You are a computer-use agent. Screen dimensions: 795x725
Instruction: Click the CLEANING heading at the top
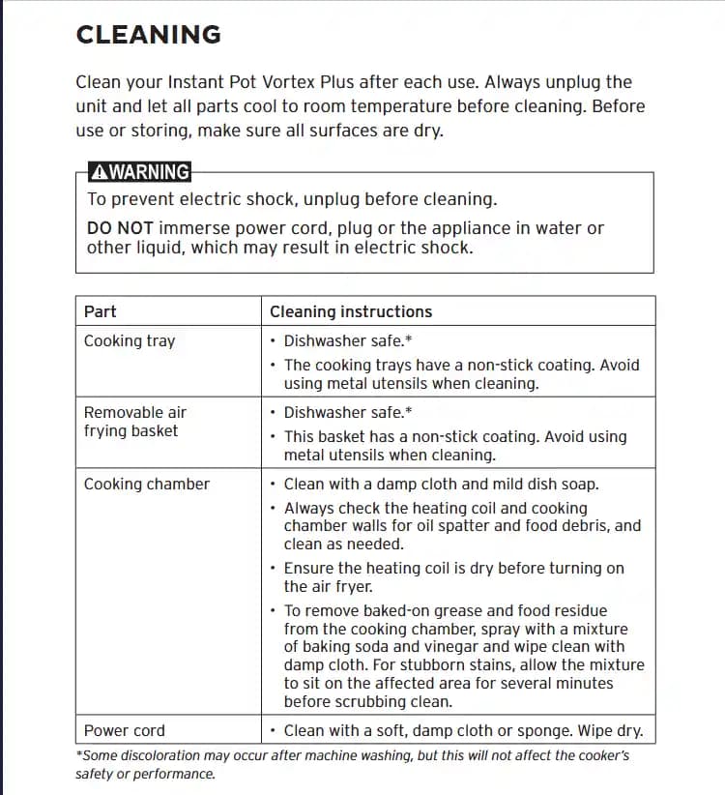pyautogui.click(x=148, y=35)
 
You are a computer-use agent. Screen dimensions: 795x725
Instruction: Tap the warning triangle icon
pyautogui.click(x=98, y=172)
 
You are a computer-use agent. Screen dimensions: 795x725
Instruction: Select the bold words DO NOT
pyautogui.click(x=120, y=228)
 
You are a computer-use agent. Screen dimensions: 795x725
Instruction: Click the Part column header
pyautogui.click(x=100, y=311)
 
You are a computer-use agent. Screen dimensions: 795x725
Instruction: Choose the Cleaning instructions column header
pyautogui.click(x=351, y=311)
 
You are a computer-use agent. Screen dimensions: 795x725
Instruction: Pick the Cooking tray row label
pyautogui.click(x=130, y=340)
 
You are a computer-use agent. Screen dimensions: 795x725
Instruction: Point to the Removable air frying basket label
pyautogui.click(x=134, y=422)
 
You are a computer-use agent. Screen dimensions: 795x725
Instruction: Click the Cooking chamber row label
pyautogui.click(x=146, y=484)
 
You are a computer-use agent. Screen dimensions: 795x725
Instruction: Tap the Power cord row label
pyautogui.click(x=124, y=731)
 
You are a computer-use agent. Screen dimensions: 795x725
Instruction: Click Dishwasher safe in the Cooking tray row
pyautogui.click(x=337, y=340)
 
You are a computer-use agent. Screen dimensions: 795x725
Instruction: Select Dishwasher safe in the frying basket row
pyautogui.click(x=337, y=412)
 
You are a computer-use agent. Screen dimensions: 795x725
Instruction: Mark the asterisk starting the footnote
pyautogui.click(x=78, y=754)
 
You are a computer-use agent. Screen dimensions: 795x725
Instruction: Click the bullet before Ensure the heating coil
pyautogui.click(x=274, y=569)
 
